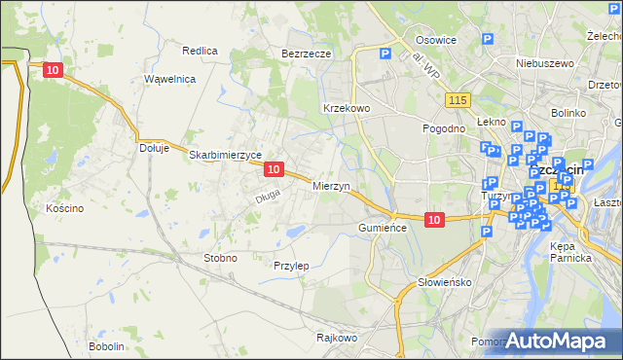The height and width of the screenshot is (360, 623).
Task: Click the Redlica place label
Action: pos(200,50)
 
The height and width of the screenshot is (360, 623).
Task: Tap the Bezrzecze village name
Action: pos(307,54)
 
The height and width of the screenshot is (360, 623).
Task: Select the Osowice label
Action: pos(436,40)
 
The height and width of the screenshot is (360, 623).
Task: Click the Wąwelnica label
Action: pos(169,79)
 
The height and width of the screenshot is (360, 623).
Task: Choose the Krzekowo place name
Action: pos(346,108)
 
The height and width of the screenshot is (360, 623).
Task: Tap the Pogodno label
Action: pos(443,127)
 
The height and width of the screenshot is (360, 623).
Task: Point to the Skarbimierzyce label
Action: pos(226,155)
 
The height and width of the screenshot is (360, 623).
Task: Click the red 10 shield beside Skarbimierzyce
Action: pos(274,169)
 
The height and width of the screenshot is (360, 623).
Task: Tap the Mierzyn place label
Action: pos(331,185)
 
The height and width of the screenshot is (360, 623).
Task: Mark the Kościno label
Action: pos(64,208)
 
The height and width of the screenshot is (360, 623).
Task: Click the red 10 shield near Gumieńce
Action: pos(434,221)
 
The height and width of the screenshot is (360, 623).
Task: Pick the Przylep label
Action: pos(291,266)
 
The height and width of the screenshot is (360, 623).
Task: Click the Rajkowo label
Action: pos(338,339)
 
